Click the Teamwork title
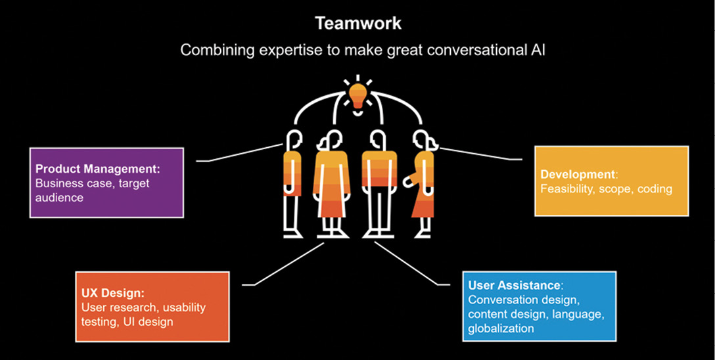tap(358, 23)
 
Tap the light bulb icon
tap(358, 95)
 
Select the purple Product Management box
tap(106, 182)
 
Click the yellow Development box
tap(611, 181)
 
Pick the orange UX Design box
tap(152, 307)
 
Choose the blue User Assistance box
tap(540, 306)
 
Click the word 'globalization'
tap(501, 328)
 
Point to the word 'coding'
tap(655, 189)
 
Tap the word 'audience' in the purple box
tap(59, 197)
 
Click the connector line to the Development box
tap(480, 154)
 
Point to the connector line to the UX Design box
tap(283, 264)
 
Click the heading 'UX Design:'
tap(112, 292)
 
